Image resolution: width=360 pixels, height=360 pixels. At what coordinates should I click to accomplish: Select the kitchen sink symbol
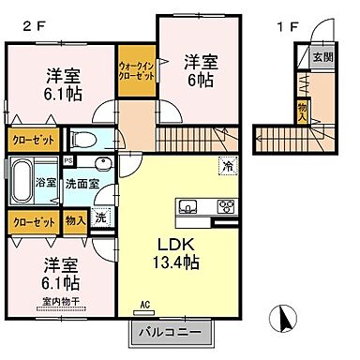pyautogui.click(x=187, y=207)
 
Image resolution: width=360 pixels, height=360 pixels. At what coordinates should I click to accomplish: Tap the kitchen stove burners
pyautogui.click(x=224, y=207)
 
